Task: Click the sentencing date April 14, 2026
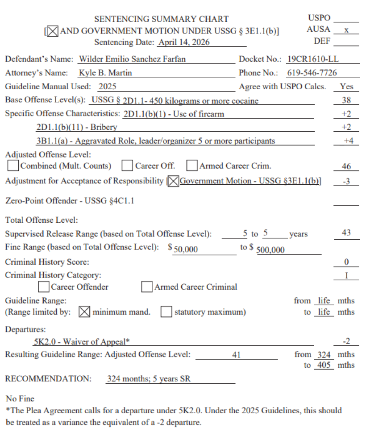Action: [183, 43]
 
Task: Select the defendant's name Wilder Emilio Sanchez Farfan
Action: [132, 59]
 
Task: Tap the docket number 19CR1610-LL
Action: [313, 59]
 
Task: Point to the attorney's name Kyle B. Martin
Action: [105, 73]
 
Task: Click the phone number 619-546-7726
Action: [312, 73]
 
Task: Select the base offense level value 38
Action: [346, 100]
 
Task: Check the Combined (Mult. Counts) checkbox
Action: [14, 166]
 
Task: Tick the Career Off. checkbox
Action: [128, 166]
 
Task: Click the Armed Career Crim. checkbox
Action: [192, 166]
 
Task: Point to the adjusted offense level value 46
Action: [346, 166]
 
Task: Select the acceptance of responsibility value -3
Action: [346, 182]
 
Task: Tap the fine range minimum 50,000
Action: [186, 250]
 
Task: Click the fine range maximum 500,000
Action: [270, 250]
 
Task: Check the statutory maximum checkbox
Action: [166, 312]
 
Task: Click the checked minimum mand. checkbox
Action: [84, 312]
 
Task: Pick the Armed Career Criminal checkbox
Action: [147, 287]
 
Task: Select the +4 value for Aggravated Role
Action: [348, 141]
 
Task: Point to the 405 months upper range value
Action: [324, 365]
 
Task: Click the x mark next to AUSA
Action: [346, 30]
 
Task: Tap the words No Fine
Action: [20, 398]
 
